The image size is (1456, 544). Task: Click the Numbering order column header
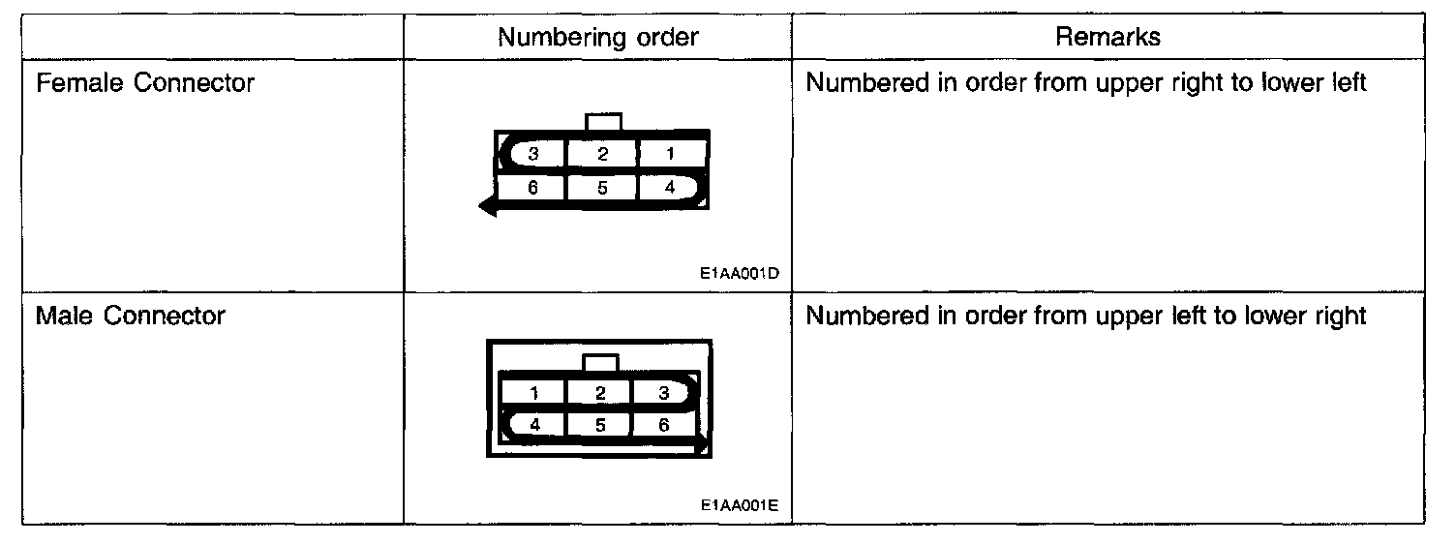pyautogui.click(x=596, y=38)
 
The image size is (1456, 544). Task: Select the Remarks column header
pyautogui.click(x=1107, y=38)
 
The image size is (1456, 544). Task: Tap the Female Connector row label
pyautogui.click(x=144, y=83)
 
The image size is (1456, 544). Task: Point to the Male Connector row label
pyautogui.click(x=130, y=316)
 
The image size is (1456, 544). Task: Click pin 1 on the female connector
pyautogui.click(x=670, y=153)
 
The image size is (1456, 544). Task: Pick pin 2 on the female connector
pyautogui.click(x=601, y=153)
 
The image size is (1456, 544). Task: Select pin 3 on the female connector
pyautogui.click(x=532, y=153)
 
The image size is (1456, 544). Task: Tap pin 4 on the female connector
pyautogui.click(x=670, y=188)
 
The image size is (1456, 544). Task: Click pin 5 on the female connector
pyautogui.click(x=601, y=188)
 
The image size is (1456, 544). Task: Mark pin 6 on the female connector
pyautogui.click(x=532, y=188)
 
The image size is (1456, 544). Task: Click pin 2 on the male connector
pyautogui.click(x=600, y=393)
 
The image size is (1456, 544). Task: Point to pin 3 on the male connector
pyautogui.click(x=664, y=393)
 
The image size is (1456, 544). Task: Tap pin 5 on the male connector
pyautogui.click(x=600, y=424)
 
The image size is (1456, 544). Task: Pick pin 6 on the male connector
pyautogui.click(x=664, y=424)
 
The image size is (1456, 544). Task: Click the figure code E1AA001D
pyautogui.click(x=740, y=273)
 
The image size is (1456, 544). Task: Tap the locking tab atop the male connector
pyautogui.click(x=601, y=363)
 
